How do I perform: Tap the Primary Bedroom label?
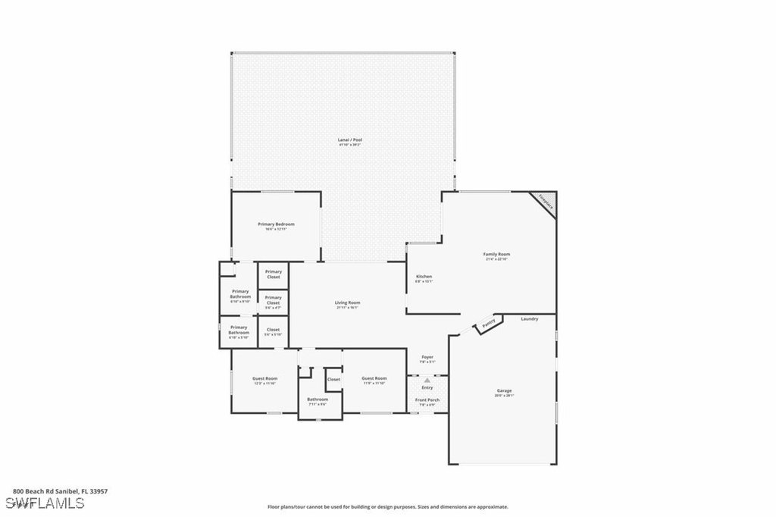pos(276,224)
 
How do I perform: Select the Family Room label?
pos(497,255)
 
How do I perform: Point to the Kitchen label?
pos(424,277)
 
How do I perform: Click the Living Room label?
pos(347,303)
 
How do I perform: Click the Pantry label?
pos(489,324)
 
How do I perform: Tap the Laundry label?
pos(530,319)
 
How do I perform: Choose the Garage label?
pos(504,391)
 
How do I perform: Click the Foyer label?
pos(427,357)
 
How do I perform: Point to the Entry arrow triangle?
pos(427,380)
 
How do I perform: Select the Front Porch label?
pos(427,399)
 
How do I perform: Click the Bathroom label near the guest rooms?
pos(318,399)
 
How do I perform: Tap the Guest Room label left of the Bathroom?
pos(265,378)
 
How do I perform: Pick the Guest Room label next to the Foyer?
pos(374,378)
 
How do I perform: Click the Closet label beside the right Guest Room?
pos(333,379)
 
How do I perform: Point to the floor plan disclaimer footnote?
pos(387,507)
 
